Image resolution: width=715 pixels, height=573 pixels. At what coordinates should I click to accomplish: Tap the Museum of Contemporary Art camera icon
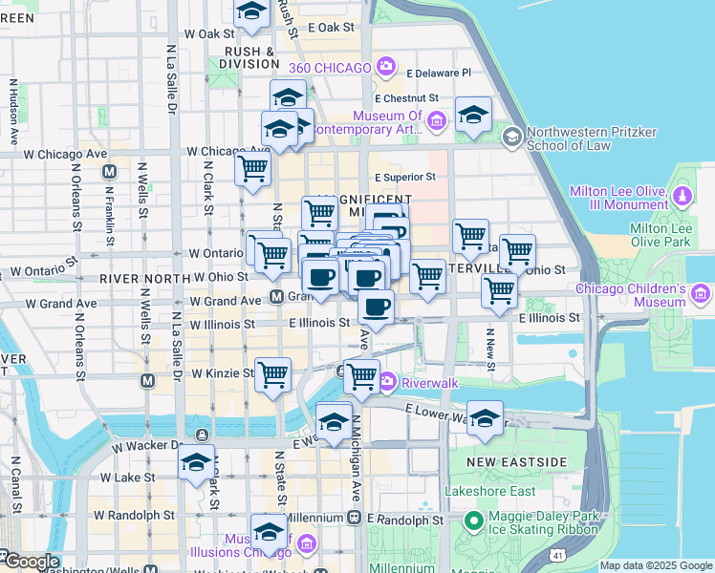coord(436,120)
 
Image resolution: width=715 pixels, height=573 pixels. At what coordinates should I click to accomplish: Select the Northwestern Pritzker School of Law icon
coord(511,138)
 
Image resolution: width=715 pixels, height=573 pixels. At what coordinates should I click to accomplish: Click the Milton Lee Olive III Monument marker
coord(682,197)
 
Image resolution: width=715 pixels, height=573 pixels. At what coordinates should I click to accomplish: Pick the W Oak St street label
coord(207,32)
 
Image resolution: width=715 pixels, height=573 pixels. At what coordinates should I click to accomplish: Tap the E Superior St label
coord(404,177)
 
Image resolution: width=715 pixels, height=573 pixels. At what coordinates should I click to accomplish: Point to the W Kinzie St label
coord(224,373)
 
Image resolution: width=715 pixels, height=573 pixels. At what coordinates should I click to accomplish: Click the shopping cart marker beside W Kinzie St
coord(273,372)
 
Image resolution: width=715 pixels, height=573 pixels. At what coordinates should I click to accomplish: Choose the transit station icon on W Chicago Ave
coord(110,172)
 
